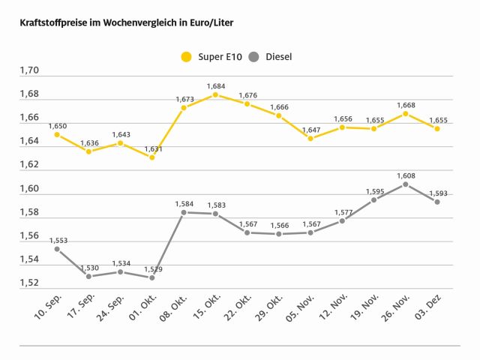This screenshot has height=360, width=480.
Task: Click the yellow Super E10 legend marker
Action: click(x=186, y=56)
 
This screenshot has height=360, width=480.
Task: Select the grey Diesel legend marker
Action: click(x=253, y=56)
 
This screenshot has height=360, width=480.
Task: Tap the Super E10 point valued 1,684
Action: click(x=215, y=94)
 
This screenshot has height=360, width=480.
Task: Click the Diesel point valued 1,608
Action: click(x=406, y=184)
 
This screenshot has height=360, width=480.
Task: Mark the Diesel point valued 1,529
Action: click(x=152, y=277)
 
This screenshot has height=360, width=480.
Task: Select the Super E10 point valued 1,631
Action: click(x=152, y=157)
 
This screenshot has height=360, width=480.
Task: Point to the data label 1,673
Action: click(x=184, y=99)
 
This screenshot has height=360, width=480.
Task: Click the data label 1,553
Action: click(x=58, y=240)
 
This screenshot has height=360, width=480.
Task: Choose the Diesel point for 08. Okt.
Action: click(x=184, y=212)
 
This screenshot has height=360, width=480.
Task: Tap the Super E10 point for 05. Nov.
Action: click(x=310, y=138)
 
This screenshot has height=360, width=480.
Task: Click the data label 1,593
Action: click(x=437, y=193)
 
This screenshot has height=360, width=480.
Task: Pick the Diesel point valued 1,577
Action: click(x=342, y=220)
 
